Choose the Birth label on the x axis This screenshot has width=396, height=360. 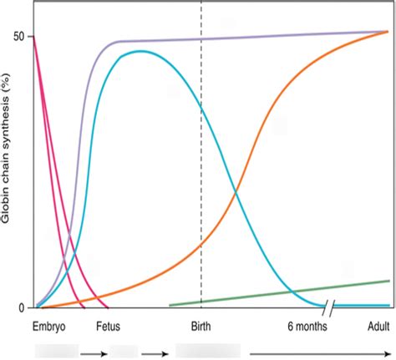point(201,327)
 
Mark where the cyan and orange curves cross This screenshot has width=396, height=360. point(236,194)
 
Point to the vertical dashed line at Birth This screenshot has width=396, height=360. point(201,167)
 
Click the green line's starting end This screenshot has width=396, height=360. point(170,305)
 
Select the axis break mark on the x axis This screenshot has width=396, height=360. point(331,307)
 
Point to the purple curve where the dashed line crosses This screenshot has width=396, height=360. point(201,38)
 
